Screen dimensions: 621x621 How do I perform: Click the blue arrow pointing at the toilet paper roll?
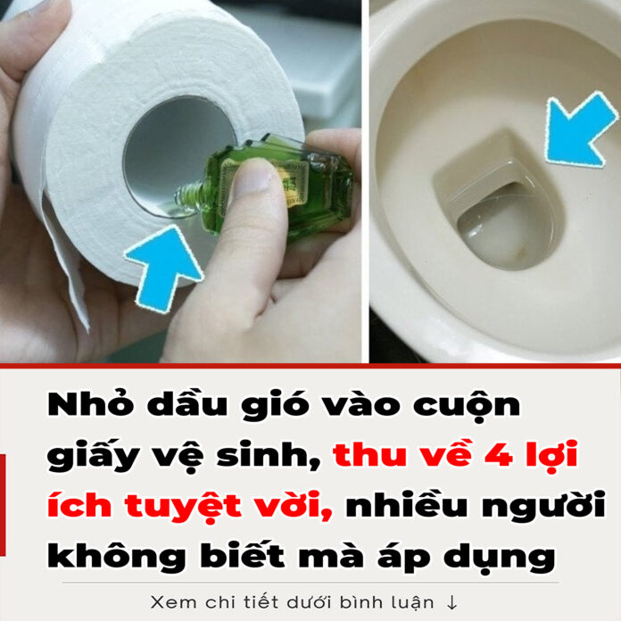point(164,266)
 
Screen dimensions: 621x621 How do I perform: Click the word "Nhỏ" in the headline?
point(91,403)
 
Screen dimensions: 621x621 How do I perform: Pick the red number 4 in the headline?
point(499,455)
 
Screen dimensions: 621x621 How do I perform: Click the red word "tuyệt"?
point(183,507)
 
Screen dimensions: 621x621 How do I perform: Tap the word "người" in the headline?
point(543,507)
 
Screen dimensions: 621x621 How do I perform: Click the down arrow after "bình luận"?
point(451,603)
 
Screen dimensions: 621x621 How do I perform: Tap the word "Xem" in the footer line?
point(173,602)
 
